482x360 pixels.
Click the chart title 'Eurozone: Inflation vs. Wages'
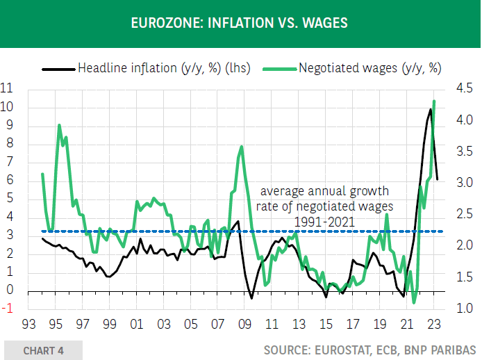click(x=240, y=24)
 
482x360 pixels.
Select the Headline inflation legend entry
click(x=146, y=69)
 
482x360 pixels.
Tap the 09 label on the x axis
click(x=244, y=325)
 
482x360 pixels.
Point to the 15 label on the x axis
click(x=325, y=325)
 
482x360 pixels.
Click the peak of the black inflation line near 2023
click(x=431, y=109)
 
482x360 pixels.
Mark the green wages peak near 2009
click(x=241, y=147)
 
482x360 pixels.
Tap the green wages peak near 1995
click(x=59, y=126)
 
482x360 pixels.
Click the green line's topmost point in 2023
click(x=434, y=101)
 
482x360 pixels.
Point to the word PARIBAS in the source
click(x=455, y=350)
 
